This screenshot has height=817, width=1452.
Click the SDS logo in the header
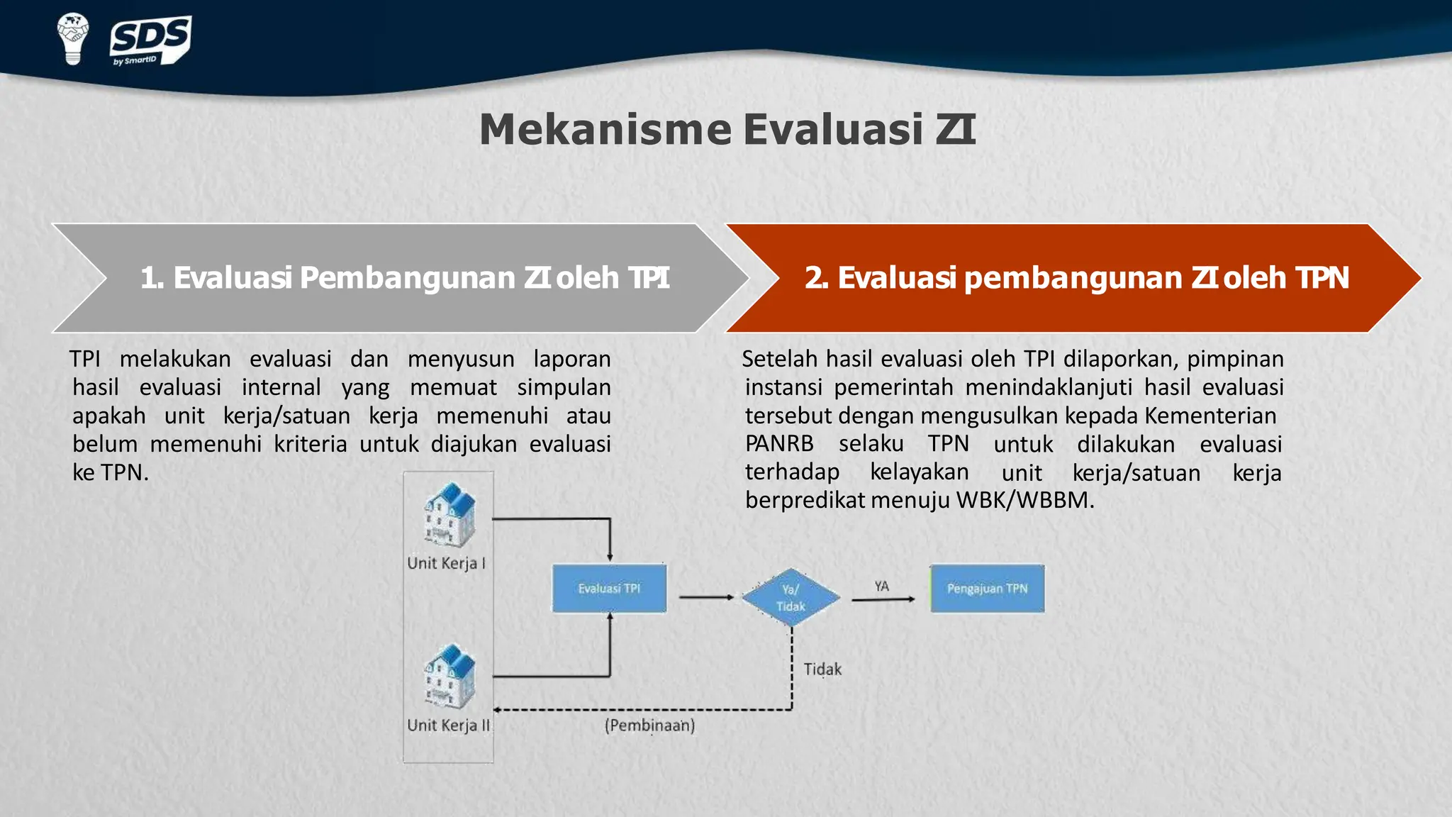click(x=150, y=40)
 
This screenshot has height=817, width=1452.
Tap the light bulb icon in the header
click(x=73, y=38)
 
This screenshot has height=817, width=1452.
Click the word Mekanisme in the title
click(x=605, y=130)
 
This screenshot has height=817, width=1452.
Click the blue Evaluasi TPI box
click(x=609, y=589)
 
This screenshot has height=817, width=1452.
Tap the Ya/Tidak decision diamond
click(x=791, y=597)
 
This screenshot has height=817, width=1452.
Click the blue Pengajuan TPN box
click(x=987, y=589)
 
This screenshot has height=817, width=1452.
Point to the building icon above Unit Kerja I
click(x=449, y=516)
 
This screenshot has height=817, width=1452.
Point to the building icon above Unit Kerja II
click(x=449, y=677)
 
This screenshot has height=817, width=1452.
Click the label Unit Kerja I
click(x=446, y=564)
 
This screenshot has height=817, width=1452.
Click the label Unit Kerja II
click(x=448, y=726)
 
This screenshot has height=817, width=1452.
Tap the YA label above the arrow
click(x=881, y=587)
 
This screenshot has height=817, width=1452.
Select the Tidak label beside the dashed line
click(x=822, y=669)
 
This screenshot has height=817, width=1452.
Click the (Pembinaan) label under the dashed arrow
click(x=649, y=726)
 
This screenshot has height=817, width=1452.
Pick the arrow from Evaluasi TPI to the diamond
click(x=705, y=597)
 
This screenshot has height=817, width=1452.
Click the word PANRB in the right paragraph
click(x=779, y=444)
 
